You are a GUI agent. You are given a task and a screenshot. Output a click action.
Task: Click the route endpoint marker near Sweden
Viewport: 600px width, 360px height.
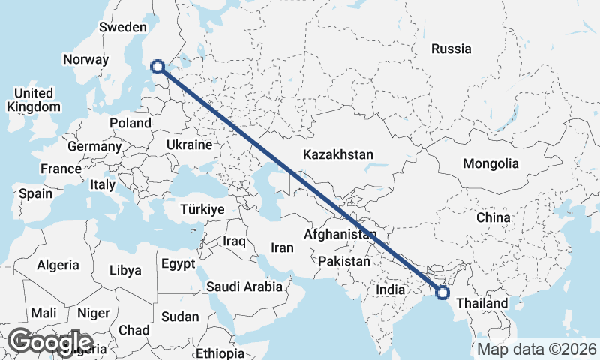[x=157, y=67]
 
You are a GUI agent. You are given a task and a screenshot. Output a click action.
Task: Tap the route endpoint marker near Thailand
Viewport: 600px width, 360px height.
[x=442, y=292]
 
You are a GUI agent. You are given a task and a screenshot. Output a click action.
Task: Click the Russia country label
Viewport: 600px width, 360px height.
[x=451, y=49]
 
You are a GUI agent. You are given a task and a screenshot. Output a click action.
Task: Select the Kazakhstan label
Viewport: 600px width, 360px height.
[x=337, y=154]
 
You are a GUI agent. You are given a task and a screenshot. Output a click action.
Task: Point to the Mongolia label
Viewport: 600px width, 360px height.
[x=490, y=164]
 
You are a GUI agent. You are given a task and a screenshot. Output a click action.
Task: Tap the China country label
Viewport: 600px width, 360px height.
[x=493, y=217]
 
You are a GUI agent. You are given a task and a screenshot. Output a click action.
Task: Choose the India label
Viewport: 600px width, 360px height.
[x=390, y=289]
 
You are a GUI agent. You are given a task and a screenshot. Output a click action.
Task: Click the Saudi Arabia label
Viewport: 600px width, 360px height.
[x=244, y=286]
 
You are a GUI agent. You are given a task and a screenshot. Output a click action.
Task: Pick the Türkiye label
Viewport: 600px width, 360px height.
[x=202, y=210]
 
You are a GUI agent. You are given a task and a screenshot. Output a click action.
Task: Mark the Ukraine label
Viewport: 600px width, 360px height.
[x=188, y=144]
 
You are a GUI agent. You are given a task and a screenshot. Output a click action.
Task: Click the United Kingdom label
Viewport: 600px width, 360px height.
[x=33, y=100]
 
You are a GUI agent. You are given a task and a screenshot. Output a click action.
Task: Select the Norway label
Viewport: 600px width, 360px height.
[x=86, y=60]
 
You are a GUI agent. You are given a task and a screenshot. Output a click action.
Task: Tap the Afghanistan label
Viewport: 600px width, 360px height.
[x=340, y=235]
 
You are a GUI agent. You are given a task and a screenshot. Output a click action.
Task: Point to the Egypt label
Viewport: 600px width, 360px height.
[x=178, y=263]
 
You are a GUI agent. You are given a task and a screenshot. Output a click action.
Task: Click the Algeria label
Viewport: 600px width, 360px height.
[x=58, y=265]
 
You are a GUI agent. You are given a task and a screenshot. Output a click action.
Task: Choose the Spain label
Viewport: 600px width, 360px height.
[x=36, y=193]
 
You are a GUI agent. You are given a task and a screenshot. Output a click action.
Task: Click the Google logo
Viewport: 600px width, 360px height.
[x=50, y=342]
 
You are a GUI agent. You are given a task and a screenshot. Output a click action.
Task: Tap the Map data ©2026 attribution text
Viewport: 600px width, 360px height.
[x=536, y=349]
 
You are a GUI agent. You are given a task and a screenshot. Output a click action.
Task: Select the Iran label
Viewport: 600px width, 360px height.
[x=282, y=247]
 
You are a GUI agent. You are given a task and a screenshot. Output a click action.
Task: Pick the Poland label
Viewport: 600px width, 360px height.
[x=130, y=123]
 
